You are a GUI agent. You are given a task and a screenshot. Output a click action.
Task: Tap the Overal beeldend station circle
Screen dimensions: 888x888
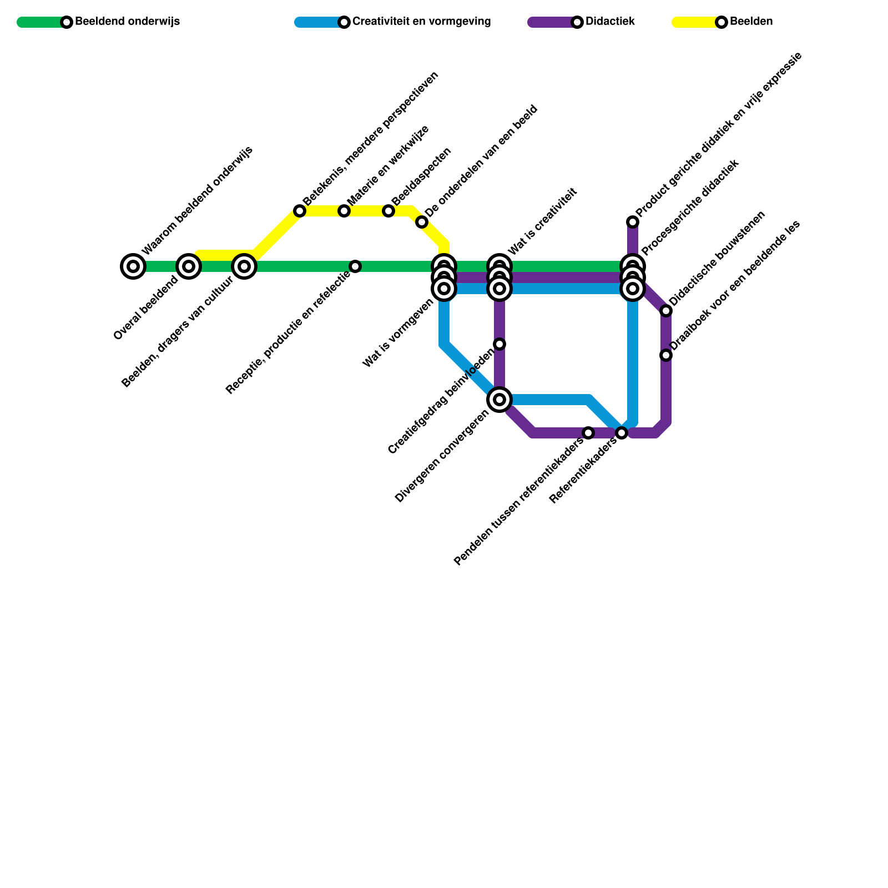[189, 266]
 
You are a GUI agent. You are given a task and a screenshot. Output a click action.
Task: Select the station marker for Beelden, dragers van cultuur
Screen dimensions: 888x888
[244, 266]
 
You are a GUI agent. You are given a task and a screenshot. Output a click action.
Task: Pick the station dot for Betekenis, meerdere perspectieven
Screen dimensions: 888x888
[300, 211]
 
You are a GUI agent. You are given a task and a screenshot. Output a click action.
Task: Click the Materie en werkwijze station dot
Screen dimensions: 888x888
[344, 211]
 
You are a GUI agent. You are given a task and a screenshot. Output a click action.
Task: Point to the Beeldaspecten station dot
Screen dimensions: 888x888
[389, 211]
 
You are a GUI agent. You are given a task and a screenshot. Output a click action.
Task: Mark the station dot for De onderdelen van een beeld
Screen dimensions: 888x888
[422, 223]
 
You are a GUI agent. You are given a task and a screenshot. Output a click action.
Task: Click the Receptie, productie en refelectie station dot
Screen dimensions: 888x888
[355, 266]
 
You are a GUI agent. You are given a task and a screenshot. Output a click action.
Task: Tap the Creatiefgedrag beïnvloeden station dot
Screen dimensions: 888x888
[500, 344]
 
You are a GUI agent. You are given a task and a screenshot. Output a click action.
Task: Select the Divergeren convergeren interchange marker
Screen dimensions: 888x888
[500, 400]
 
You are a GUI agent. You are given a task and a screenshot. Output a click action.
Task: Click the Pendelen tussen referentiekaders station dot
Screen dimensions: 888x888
[588, 433]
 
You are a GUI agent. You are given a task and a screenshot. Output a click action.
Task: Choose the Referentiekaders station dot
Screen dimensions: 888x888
[622, 433]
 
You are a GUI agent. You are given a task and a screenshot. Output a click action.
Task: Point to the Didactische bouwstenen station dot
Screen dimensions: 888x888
[666, 311]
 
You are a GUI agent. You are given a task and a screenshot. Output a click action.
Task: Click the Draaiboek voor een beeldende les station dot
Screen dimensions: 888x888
[666, 355]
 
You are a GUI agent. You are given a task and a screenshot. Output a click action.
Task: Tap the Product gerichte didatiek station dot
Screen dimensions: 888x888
[633, 222]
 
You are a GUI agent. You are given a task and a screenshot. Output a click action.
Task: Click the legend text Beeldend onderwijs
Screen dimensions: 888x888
[127, 22]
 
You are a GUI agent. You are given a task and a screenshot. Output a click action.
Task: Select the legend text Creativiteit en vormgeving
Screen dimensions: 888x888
[421, 22]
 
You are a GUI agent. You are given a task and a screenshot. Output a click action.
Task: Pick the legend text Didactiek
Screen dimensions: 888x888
[610, 22]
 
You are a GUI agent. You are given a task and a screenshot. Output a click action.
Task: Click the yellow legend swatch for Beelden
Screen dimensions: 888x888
[694, 22]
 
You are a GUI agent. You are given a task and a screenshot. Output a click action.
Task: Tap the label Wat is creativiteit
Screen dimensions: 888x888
[543, 222]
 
